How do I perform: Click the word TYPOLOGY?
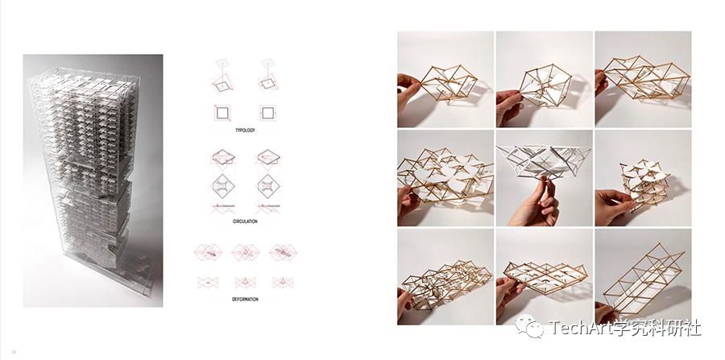(245, 130)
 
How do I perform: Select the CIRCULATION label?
(245, 221)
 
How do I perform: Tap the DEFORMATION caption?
(245, 300)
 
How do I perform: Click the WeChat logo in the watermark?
(530, 326)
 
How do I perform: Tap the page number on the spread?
(14, 352)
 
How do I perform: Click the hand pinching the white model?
(536, 203)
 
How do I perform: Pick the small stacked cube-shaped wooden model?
(646, 180)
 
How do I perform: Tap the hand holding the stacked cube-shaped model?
(613, 205)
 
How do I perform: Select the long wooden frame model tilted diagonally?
(644, 277)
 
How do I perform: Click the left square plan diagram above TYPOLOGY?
(222, 113)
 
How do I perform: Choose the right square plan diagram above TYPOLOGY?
(267, 113)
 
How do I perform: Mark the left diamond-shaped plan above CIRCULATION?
(223, 186)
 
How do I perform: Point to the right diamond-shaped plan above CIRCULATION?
(268, 186)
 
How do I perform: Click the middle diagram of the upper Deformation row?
(245, 252)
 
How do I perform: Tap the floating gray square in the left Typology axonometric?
(223, 62)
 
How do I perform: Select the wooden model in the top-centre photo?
(545, 85)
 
